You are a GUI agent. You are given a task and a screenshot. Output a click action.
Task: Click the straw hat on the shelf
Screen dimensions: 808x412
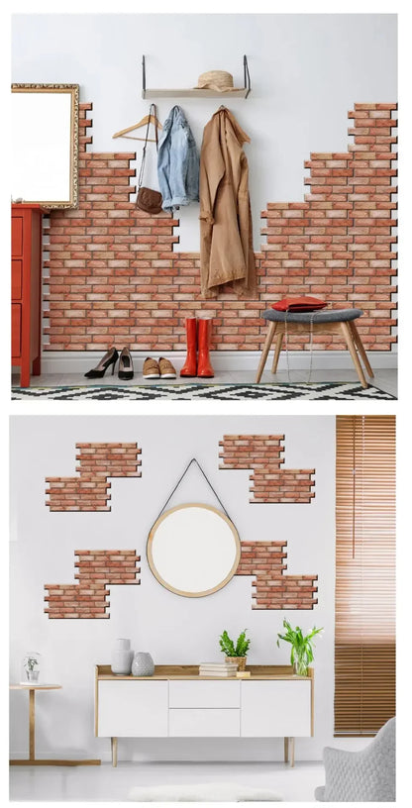coord(215,81)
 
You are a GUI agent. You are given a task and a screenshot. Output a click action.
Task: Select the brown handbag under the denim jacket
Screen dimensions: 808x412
coord(150,200)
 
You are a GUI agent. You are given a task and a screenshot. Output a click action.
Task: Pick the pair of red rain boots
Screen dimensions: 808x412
coord(198,349)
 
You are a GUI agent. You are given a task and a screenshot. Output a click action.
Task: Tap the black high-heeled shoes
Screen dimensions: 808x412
coord(111,364)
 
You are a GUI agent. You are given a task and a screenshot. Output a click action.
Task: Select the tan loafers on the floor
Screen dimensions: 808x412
coord(158,368)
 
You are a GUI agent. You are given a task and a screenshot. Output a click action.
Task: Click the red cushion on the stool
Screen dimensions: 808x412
coord(298,304)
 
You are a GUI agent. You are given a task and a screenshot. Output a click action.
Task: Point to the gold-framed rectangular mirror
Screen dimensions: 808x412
coord(45,146)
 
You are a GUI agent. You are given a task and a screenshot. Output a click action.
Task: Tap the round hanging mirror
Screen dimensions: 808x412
coord(193,550)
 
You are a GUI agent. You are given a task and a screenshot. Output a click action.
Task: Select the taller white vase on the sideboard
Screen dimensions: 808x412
coord(122,656)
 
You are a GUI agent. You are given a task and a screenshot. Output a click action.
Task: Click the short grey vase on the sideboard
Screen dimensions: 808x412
coord(144,663)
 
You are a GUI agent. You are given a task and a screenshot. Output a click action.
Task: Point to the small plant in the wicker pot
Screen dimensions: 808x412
coord(236,649)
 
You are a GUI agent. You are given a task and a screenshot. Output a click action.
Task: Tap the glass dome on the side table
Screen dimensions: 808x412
coord(31,667)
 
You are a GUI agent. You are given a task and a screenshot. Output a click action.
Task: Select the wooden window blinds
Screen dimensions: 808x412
coord(363,574)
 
